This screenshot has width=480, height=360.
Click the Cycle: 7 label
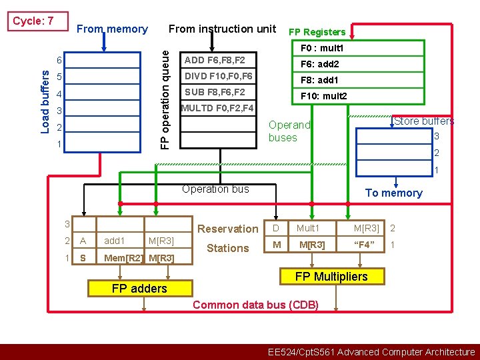pyautogui.click(x=33, y=21)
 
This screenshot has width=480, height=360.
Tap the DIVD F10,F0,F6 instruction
pyautogui.click(x=218, y=76)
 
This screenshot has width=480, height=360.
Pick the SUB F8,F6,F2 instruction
pyautogui.click(x=215, y=92)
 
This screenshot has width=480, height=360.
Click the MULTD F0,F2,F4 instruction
pyautogui.click(x=217, y=107)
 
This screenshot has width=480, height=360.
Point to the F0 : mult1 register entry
pyautogui.click(x=322, y=49)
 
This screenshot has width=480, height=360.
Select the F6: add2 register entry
pyautogui.click(x=320, y=65)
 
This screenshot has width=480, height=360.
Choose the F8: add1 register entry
pyautogui.click(x=320, y=80)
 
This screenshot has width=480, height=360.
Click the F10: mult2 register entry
pyautogui.click(x=324, y=96)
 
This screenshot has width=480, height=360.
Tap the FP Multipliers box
pyautogui.click(x=331, y=277)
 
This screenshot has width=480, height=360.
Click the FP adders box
pyautogui.click(x=140, y=288)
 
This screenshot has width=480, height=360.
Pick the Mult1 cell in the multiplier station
pyautogui.click(x=308, y=229)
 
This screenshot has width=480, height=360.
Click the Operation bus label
pyautogui.click(x=215, y=189)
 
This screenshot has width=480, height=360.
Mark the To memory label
pyautogui.click(x=393, y=193)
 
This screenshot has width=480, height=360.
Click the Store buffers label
pyautogui.click(x=424, y=121)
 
